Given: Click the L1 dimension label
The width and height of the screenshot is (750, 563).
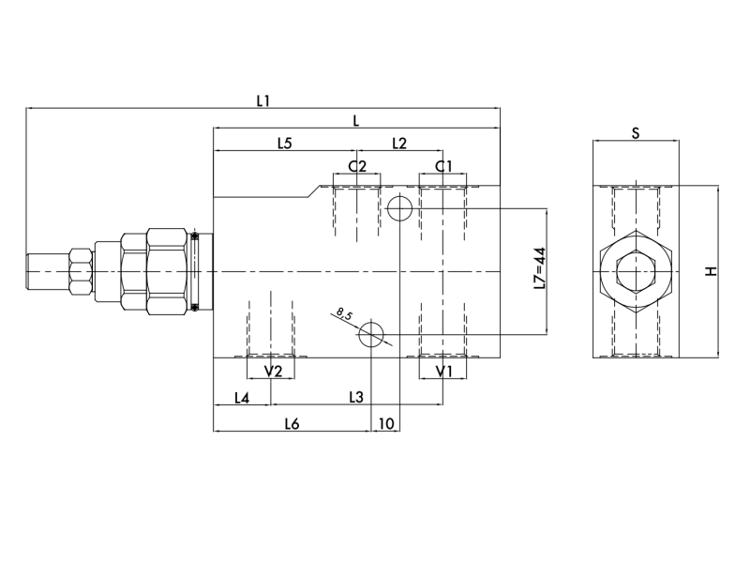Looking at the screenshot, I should point(263,99).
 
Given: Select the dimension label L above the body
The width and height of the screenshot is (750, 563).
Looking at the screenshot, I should point(356,120).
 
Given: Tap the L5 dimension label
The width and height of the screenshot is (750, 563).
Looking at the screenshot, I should point(285,144).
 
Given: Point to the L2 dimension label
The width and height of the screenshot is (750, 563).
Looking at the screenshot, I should point(398,144).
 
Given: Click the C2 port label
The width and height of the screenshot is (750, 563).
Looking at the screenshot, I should point(357,166).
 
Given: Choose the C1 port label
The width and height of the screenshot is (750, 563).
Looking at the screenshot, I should point(443,166).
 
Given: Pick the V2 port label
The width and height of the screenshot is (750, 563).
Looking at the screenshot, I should point(273,372).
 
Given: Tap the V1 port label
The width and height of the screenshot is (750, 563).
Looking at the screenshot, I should point(443,372).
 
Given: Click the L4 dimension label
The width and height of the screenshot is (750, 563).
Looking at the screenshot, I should point(242,398).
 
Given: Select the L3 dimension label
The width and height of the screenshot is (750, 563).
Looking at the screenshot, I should point(355,398).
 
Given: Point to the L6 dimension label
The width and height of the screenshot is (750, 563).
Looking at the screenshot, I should point(292,424).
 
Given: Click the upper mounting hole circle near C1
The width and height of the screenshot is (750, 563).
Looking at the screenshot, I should point(399,206).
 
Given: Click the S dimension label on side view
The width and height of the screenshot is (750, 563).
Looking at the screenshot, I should point(635,134).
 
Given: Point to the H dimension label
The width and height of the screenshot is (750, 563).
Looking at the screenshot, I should point(711,271).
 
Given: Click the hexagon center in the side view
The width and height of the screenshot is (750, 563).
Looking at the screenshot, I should point(636,272).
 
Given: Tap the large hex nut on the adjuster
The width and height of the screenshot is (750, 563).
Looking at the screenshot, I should point(165,271).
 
